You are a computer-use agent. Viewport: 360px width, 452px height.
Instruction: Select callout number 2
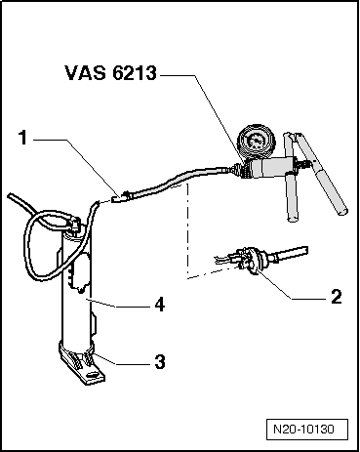(x=335, y=296)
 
